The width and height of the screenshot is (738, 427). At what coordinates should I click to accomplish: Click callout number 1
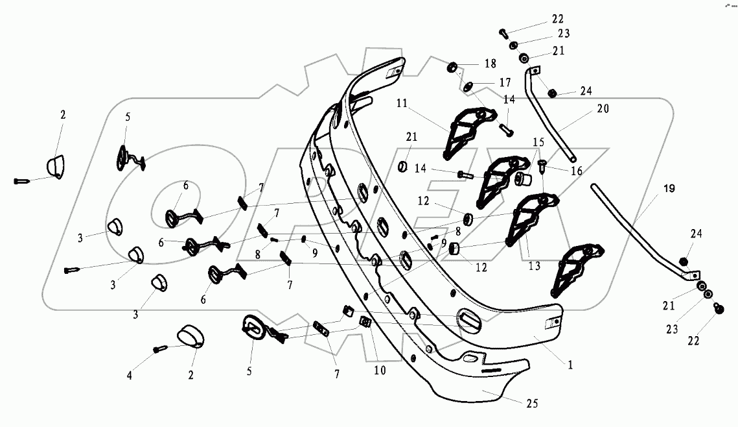(x=570, y=365)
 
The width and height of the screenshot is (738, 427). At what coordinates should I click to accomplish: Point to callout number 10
(x=379, y=371)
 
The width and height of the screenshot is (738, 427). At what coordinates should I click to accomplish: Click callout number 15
(x=539, y=141)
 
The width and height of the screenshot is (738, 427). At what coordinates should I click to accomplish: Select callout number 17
(x=504, y=82)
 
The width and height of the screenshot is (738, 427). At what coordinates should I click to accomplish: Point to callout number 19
(x=669, y=189)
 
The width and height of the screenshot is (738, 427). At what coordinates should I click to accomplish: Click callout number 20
(x=603, y=110)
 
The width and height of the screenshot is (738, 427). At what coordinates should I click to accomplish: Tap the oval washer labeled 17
(x=472, y=86)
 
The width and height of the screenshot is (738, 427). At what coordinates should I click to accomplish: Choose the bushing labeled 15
(x=524, y=178)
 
